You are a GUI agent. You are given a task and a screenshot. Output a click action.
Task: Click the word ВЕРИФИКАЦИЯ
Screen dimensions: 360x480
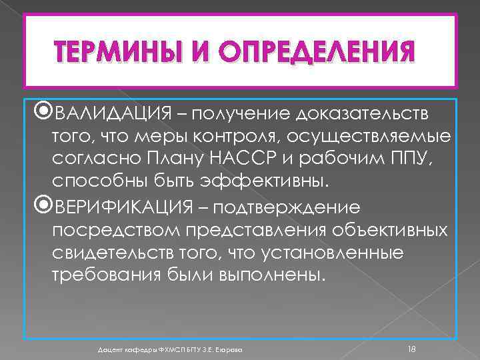125,206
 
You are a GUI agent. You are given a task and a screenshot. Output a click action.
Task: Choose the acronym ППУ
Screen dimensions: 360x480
421,160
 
